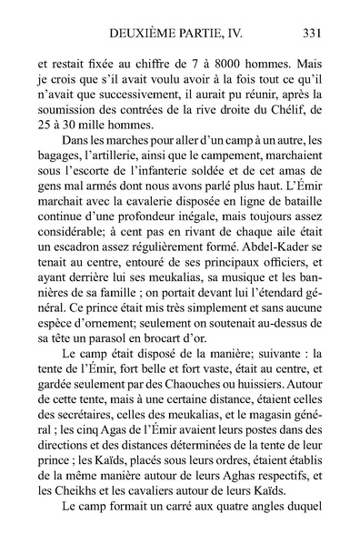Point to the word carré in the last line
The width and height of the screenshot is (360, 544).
tap(177, 534)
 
